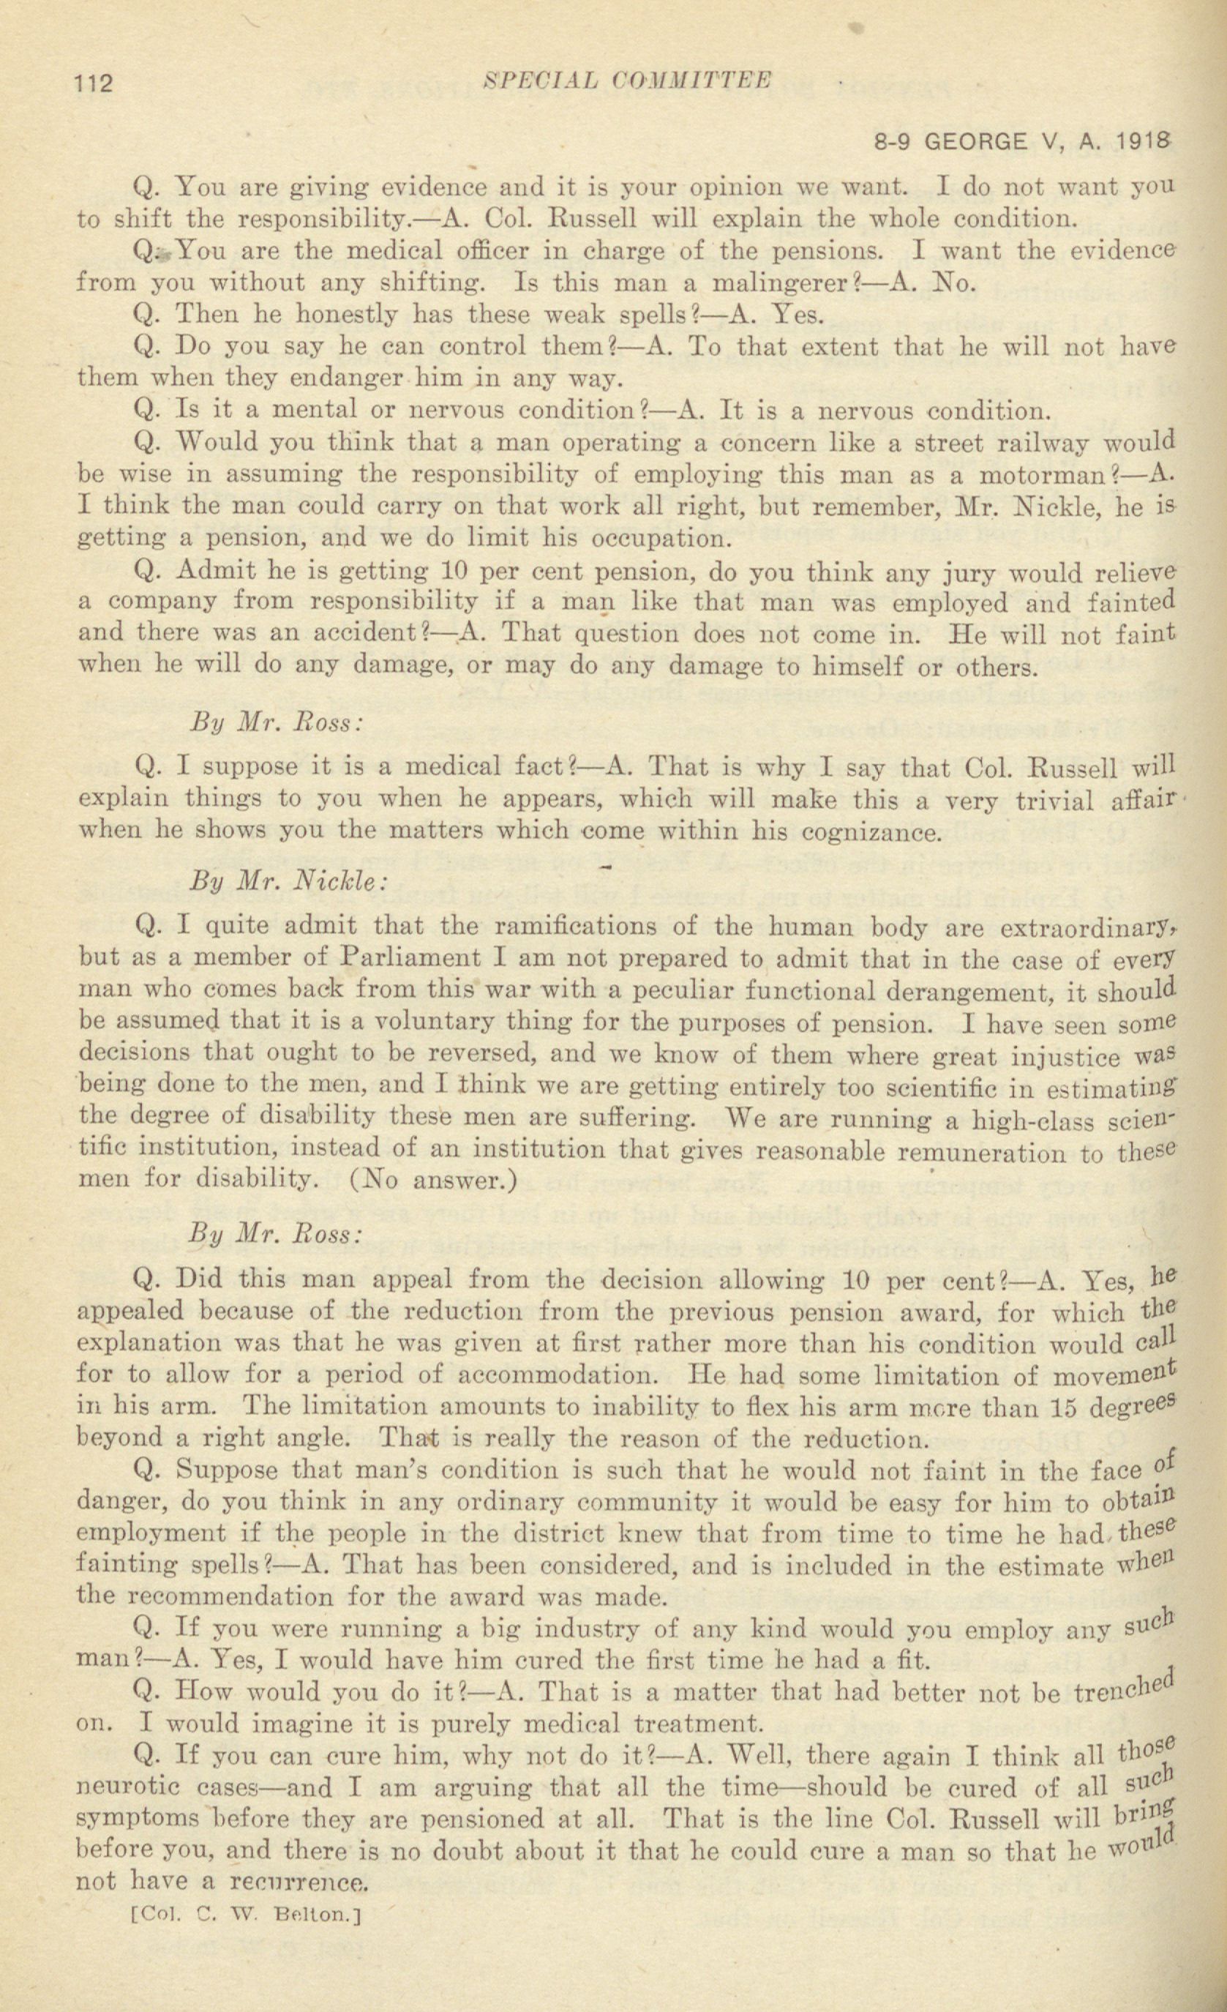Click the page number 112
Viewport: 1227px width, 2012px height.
point(94,83)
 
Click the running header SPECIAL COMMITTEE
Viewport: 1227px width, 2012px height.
point(626,80)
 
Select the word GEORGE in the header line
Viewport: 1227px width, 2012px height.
point(975,142)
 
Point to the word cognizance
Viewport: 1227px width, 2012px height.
point(872,832)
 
